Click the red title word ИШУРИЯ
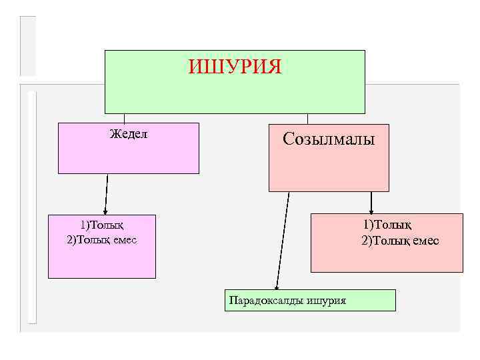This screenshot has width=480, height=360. click(x=235, y=67)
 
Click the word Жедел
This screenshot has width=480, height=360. click(x=128, y=133)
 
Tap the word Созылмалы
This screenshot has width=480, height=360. click(x=329, y=139)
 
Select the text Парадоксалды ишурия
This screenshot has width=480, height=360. click(x=287, y=300)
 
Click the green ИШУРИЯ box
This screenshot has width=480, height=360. click(x=235, y=93)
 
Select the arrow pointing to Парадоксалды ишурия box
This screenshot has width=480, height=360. click(x=282, y=240)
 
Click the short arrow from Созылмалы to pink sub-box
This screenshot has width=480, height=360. click(x=371, y=202)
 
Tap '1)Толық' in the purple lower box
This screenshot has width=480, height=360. click(x=101, y=227)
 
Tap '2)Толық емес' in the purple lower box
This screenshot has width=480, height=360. click(x=101, y=239)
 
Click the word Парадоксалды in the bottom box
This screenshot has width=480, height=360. click(x=265, y=300)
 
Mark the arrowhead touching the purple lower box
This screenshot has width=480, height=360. click(x=105, y=211)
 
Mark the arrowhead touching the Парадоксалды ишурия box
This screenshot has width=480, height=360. click(x=276, y=285)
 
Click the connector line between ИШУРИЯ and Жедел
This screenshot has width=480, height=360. click(x=124, y=118)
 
